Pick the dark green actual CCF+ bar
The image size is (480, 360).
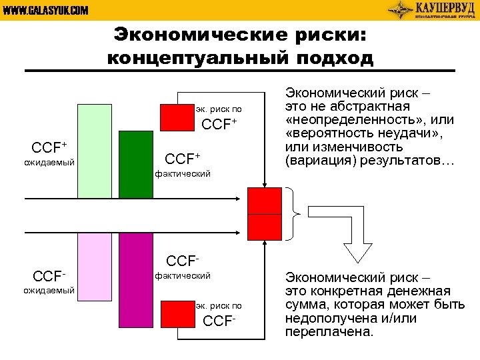[x=136, y=164]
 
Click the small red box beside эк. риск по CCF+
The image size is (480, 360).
[x=177, y=116]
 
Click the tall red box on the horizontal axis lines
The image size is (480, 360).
[x=265, y=213]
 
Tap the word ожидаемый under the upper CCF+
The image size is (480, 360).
[x=49, y=163]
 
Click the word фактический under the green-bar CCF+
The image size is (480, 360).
[x=183, y=174]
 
